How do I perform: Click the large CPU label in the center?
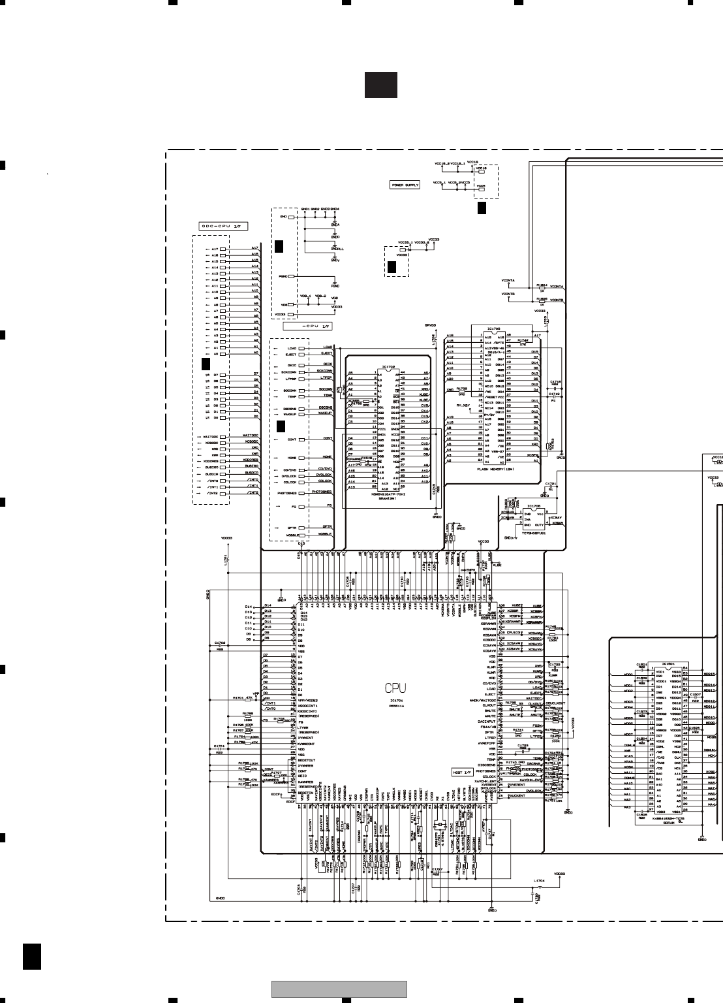(x=395, y=688)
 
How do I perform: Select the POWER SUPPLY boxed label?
(x=405, y=185)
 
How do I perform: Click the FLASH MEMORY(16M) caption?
(x=495, y=468)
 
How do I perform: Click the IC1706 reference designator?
(x=533, y=505)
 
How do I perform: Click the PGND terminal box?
(x=292, y=277)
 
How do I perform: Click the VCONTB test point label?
(x=508, y=294)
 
